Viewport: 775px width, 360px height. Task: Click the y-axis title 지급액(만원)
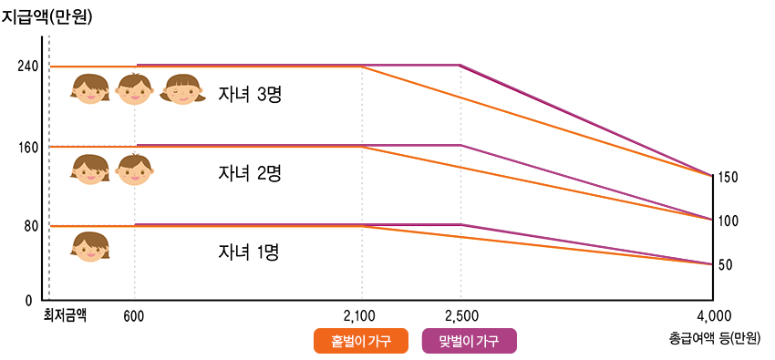click(x=47, y=15)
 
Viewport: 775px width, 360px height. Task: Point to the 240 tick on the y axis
click(x=27, y=67)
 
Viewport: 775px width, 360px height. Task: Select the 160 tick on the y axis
click(x=27, y=147)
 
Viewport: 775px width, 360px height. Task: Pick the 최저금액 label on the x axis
click(x=65, y=316)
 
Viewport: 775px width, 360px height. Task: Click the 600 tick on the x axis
click(x=135, y=316)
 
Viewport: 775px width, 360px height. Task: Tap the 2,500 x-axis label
click(x=461, y=316)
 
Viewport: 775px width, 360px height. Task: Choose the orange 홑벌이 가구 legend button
click(x=359, y=341)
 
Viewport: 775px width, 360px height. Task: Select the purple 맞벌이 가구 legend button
click(x=470, y=341)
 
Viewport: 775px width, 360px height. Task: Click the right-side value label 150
click(x=728, y=177)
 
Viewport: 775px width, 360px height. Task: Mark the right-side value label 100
click(x=728, y=221)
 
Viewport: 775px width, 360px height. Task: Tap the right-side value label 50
click(x=727, y=264)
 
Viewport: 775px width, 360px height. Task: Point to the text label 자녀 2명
click(x=248, y=173)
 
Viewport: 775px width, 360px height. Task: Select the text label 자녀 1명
click(x=248, y=252)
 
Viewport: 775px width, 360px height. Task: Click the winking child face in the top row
click(x=183, y=89)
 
